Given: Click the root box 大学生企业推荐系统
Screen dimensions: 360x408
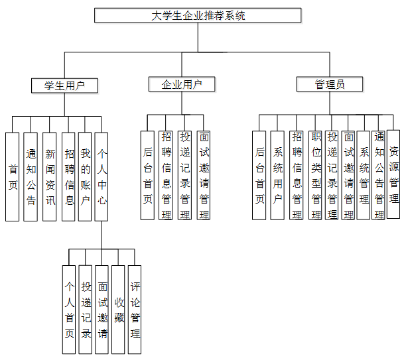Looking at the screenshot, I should pyautogui.click(x=198, y=15).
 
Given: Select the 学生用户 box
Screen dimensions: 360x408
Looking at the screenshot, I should pyautogui.click(x=64, y=86).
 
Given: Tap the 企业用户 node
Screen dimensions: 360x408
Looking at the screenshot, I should pyautogui.click(x=182, y=84).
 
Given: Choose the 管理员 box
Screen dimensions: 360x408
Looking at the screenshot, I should pyautogui.click(x=329, y=84).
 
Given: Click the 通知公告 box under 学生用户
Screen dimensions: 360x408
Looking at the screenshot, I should pyautogui.click(x=31, y=176).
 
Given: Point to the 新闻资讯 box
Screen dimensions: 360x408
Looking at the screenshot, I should pyautogui.click(x=49, y=176).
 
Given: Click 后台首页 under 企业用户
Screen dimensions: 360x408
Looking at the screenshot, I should pyautogui.click(x=147, y=174).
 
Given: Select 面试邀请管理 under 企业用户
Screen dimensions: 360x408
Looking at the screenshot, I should pyautogui.click(x=204, y=174).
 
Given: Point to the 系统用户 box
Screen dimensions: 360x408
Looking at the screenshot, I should pyautogui.click(x=277, y=174).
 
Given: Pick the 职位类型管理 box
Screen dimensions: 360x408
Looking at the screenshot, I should pyautogui.click(x=316, y=174).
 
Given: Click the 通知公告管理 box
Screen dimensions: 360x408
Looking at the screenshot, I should pyautogui.click(x=379, y=174).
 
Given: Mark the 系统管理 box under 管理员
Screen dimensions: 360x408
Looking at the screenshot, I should pyautogui.click(x=364, y=174).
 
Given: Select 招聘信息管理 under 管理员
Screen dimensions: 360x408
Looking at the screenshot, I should pyautogui.click(x=297, y=174).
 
